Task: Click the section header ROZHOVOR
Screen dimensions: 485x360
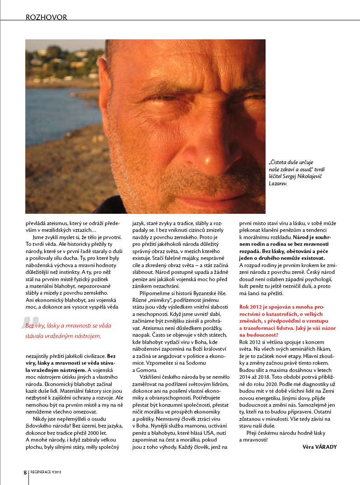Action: click(47, 18)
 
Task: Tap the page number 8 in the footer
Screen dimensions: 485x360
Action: click(25, 472)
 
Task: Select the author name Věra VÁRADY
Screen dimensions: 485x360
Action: click(320, 447)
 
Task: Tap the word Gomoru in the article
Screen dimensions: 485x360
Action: click(145, 370)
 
